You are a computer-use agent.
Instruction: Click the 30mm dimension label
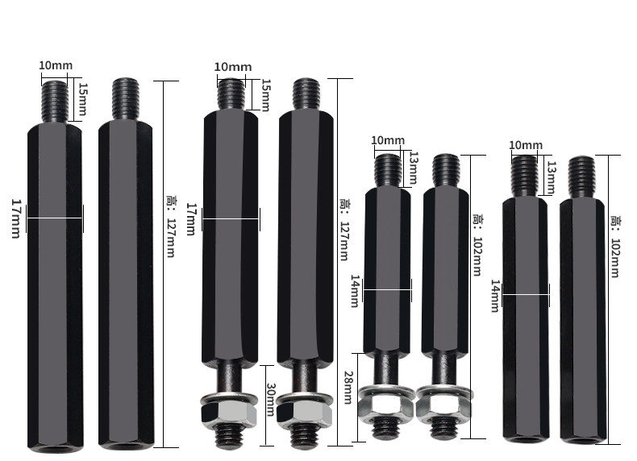pyautogui.click(x=271, y=400)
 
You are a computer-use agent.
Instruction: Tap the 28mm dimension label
pyautogui.click(x=348, y=387)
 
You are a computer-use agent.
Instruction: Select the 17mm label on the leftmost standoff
pyautogui.click(x=16, y=218)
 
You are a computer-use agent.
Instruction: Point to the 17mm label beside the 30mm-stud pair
pyautogui.click(x=190, y=219)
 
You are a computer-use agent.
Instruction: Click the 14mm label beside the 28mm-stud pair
pyautogui.click(x=355, y=291)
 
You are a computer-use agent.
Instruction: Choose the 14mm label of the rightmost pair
pyautogui.click(x=495, y=296)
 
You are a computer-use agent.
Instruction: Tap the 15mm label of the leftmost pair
pyautogui.click(x=83, y=99)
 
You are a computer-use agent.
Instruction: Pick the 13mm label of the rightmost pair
pyautogui.click(x=552, y=177)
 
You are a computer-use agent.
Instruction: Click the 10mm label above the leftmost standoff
pyautogui.click(x=56, y=65)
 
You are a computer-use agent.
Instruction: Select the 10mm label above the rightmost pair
pyautogui.click(x=526, y=145)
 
